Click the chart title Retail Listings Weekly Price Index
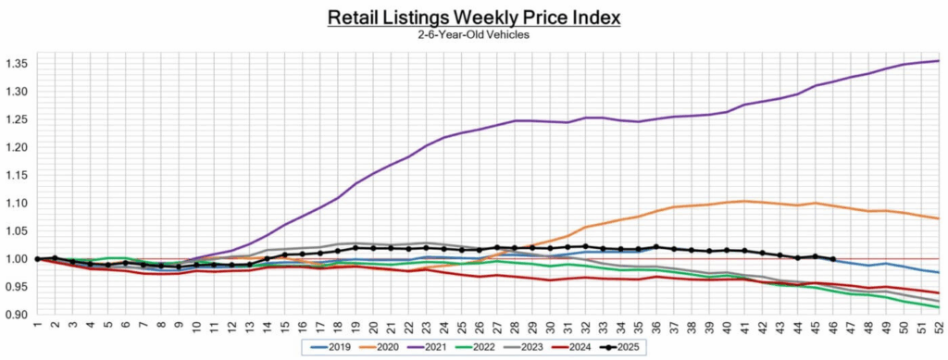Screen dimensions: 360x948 pos(474,18)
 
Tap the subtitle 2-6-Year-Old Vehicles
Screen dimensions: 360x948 pos(474,35)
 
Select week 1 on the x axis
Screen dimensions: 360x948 pos(37,327)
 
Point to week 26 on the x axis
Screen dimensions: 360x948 pos(480,327)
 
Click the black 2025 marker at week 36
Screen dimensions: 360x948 pos(656,247)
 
